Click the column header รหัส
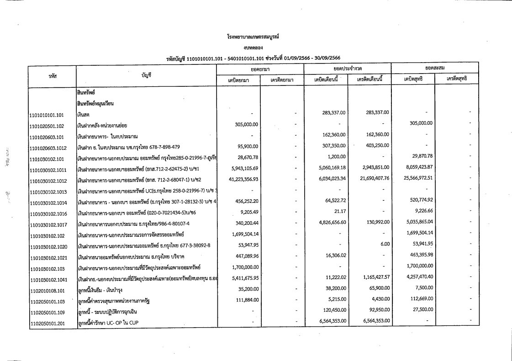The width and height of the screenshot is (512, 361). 53,74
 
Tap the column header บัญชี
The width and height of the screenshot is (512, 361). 146,74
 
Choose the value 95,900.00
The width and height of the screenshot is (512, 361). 246,146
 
